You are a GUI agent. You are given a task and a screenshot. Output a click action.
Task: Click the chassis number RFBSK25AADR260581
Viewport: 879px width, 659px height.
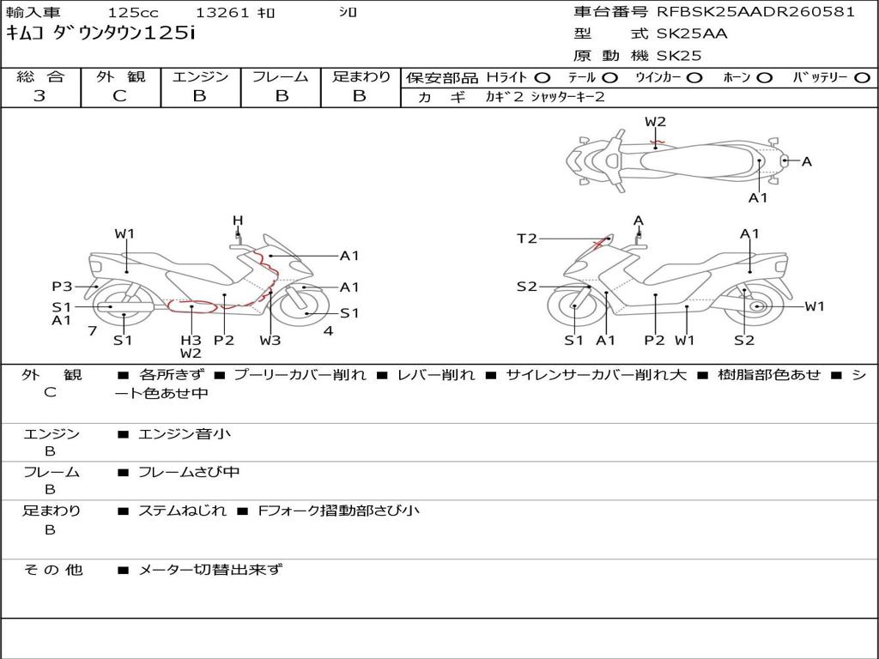click(x=755, y=12)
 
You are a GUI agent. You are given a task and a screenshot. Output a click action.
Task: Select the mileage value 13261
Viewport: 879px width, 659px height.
click(x=221, y=13)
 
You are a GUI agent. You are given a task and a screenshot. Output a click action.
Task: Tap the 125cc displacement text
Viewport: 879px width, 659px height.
click(x=133, y=13)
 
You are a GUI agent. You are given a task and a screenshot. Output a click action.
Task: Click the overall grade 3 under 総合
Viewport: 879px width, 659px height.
click(x=39, y=96)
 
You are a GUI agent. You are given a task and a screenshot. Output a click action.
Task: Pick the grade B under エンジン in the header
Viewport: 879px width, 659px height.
click(x=199, y=96)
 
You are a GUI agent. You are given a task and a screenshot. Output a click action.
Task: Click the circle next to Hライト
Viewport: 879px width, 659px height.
click(x=543, y=78)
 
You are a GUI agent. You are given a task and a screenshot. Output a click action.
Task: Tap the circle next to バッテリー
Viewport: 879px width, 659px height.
click(x=862, y=78)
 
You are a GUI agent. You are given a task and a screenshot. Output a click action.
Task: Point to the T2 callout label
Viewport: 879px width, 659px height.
click(x=527, y=239)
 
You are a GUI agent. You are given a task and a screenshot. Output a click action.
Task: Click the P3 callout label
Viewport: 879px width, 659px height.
click(x=62, y=287)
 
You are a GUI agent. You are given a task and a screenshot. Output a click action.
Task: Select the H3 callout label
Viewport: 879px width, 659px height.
click(x=191, y=340)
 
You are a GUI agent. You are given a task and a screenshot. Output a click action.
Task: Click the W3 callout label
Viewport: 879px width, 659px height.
click(x=270, y=340)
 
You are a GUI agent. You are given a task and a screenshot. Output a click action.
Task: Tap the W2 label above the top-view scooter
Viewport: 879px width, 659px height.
click(x=655, y=122)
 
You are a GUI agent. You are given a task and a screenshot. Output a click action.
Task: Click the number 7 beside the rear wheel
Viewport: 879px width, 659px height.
click(x=93, y=330)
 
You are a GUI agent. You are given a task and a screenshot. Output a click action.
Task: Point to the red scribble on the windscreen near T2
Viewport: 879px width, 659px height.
click(x=603, y=242)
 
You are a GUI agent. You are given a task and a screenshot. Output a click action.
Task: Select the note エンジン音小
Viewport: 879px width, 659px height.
click(x=185, y=433)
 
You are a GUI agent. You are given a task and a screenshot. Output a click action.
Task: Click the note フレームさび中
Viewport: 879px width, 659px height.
click(x=189, y=473)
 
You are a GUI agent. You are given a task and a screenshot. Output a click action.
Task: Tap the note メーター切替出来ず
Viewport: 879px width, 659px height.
click(x=210, y=570)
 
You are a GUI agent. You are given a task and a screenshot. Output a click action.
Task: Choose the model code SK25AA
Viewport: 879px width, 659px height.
click(x=692, y=33)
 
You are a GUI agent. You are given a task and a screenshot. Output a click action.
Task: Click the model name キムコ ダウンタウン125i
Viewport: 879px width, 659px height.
click(x=101, y=33)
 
